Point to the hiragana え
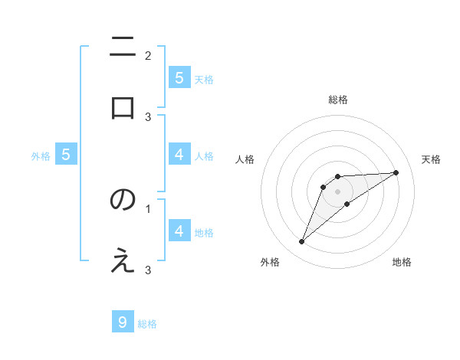pyautogui.click(x=123, y=260)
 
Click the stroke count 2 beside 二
pyautogui.click(x=148, y=55)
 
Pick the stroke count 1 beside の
pyautogui.click(x=148, y=208)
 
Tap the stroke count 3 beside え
pyautogui.click(x=148, y=270)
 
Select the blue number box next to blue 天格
pyautogui.click(x=179, y=77)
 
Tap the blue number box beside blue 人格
pyautogui.click(x=179, y=154)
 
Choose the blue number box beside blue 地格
pyautogui.click(x=179, y=231)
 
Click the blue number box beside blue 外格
pyautogui.click(x=66, y=154)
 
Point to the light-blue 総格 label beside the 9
pyautogui.click(x=147, y=324)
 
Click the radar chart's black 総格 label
pyautogui.click(x=338, y=100)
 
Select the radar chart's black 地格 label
pyautogui.click(x=402, y=262)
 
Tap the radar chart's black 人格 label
pyautogui.click(x=245, y=159)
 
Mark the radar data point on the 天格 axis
pyautogui.click(x=396, y=172)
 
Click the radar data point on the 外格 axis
pyautogui.click(x=301, y=242)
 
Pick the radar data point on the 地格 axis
pyautogui.click(x=347, y=204)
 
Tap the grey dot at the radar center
pyautogui.click(x=337, y=191)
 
